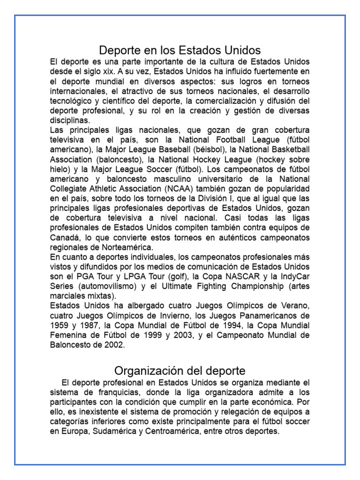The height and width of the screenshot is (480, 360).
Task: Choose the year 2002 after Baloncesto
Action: pos(115,345)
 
